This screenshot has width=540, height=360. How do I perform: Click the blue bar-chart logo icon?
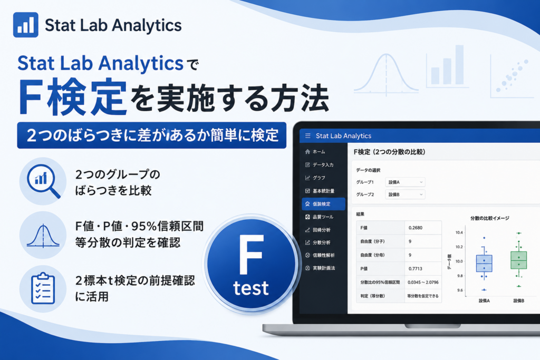(26, 25)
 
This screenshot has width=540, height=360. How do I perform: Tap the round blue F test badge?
(251, 264)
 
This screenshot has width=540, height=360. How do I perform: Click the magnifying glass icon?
(43, 181)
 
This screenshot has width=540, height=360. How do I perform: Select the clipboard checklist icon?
(43, 288)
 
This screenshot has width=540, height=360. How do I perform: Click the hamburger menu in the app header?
(308, 136)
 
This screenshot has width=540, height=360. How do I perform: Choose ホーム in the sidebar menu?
(315, 152)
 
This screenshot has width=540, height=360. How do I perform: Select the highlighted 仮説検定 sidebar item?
(323, 204)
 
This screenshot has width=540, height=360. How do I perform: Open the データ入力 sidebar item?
(319, 165)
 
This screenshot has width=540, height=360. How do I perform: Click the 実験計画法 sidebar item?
(320, 268)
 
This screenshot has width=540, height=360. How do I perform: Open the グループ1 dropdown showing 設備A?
(405, 182)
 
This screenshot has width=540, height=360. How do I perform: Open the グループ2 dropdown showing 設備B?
(405, 194)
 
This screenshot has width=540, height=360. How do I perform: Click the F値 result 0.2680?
(416, 228)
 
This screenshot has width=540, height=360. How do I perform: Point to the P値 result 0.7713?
(416, 268)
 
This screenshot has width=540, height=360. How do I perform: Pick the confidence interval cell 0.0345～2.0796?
(423, 282)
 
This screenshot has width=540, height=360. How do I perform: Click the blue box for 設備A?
(484, 264)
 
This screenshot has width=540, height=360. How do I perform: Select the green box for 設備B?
(519, 260)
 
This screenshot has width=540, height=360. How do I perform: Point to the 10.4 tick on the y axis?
(459, 232)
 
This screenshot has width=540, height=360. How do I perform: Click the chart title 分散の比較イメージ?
(490, 218)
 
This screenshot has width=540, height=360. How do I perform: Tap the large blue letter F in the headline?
(32, 98)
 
